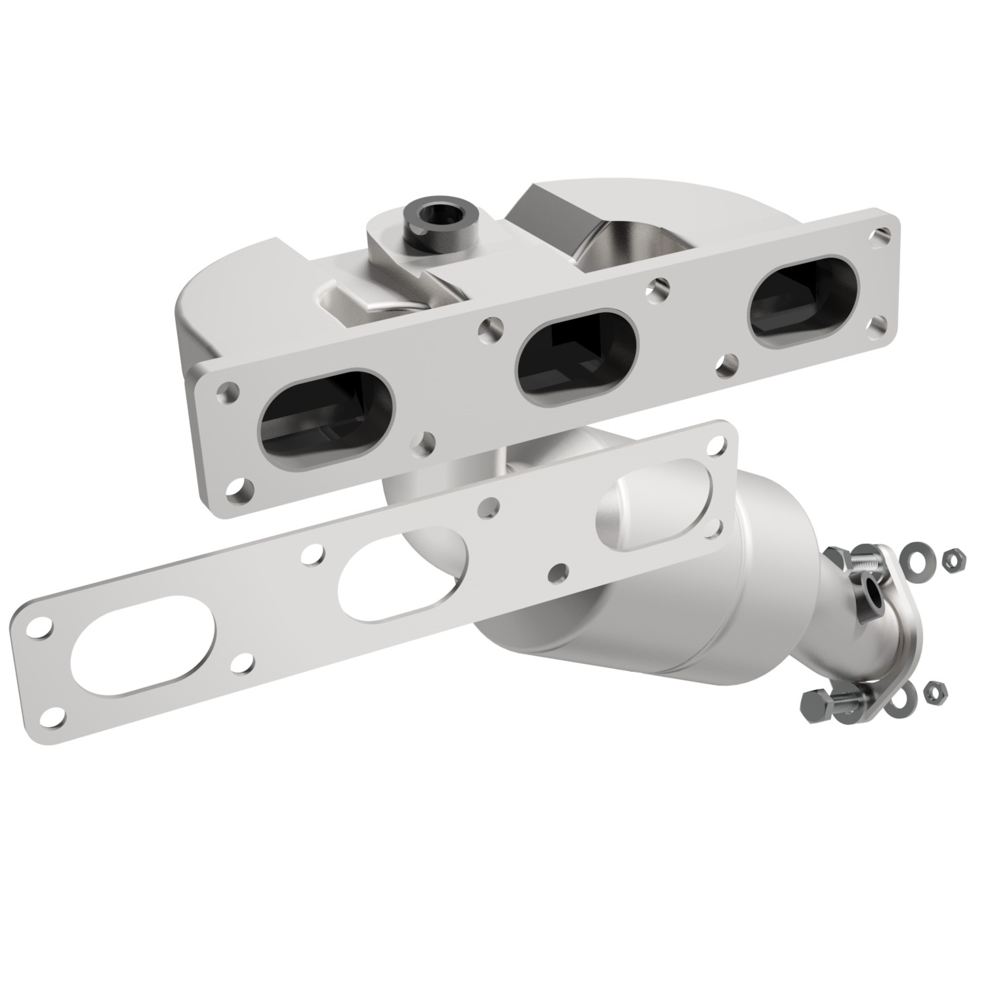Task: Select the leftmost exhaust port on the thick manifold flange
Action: pyautogui.click(x=328, y=415)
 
